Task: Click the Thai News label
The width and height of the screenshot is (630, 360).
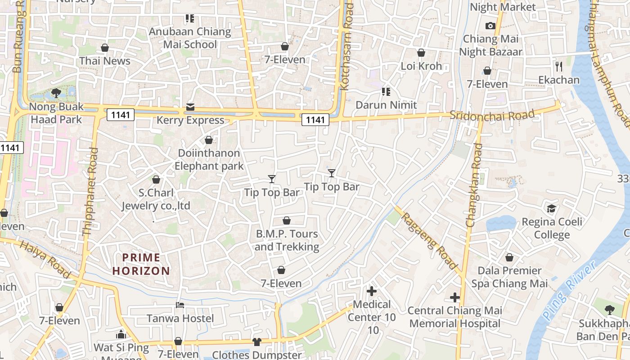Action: [x=105, y=61]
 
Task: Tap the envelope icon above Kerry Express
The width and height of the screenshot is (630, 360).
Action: [x=190, y=108]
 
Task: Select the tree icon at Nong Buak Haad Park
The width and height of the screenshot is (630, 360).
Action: [x=56, y=93]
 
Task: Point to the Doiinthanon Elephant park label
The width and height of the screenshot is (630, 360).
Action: [x=209, y=159]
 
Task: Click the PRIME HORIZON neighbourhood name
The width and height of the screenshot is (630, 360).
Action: [x=141, y=264]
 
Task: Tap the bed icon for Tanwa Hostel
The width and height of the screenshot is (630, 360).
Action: [x=180, y=305]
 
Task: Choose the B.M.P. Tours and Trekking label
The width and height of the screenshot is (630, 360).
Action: [x=287, y=240]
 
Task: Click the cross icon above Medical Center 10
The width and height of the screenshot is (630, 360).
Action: [x=372, y=291]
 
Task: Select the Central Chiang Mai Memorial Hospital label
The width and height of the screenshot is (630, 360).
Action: [x=454, y=317]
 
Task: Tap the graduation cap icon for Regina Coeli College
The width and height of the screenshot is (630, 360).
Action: [x=551, y=208]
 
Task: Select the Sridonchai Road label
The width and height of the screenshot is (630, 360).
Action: [x=493, y=115]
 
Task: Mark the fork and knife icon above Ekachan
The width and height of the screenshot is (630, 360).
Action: [x=559, y=67]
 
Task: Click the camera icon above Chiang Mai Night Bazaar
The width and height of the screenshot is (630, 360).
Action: [x=490, y=26]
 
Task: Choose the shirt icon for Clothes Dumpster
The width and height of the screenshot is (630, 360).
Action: [x=257, y=342]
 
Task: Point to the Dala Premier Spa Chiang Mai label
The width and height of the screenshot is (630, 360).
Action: [x=509, y=277]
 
